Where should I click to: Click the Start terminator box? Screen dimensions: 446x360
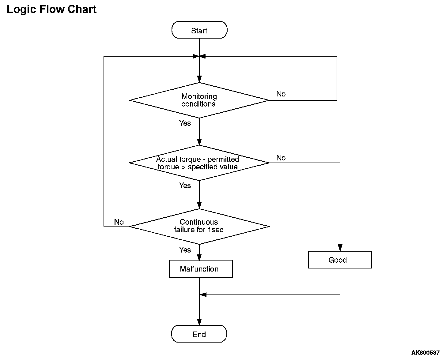tap(199, 30)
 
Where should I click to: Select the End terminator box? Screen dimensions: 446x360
tap(199, 334)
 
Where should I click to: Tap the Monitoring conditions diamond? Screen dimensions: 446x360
tap(199, 100)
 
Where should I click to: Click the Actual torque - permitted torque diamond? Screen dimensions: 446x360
tap(199, 163)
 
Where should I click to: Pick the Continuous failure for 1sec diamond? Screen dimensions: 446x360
tap(199, 226)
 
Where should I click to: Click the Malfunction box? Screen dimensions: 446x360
tap(201, 269)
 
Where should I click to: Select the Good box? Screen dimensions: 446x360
tap(340, 260)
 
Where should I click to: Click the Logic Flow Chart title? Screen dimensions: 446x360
tap(51, 9)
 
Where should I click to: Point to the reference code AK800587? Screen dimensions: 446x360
tap(425, 352)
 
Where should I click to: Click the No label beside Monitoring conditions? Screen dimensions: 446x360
tap(281, 94)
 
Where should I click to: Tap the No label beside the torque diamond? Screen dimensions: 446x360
tap(281, 158)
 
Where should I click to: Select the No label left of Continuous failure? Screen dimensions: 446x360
tap(119, 222)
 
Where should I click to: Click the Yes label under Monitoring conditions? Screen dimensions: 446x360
tap(185, 123)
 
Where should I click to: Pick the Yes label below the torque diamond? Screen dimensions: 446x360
tap(185, 185)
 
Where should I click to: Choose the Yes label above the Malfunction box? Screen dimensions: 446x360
tap(185, 249)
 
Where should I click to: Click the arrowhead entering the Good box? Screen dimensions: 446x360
tap(340, 248)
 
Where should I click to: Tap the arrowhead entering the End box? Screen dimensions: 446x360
tap(199, 322)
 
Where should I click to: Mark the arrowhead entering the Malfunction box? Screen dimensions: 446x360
tap(199, 257)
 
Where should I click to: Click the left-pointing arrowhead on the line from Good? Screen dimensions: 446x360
tap(203, 294)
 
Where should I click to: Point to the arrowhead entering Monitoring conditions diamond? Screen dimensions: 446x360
tap(199, 79)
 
